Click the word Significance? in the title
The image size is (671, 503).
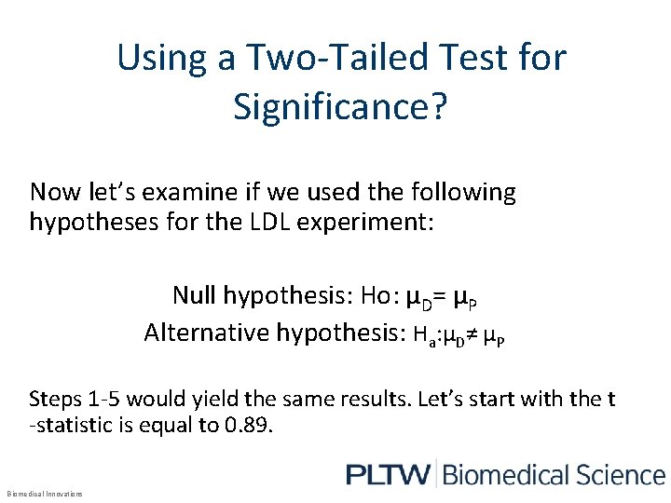(x=341, y=107)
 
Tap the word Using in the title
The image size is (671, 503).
(x=149, y=59)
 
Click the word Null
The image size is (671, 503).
(x=194, y=296)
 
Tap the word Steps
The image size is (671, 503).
(x=54, y=400)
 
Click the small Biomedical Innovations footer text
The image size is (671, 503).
(x=44, y=494)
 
